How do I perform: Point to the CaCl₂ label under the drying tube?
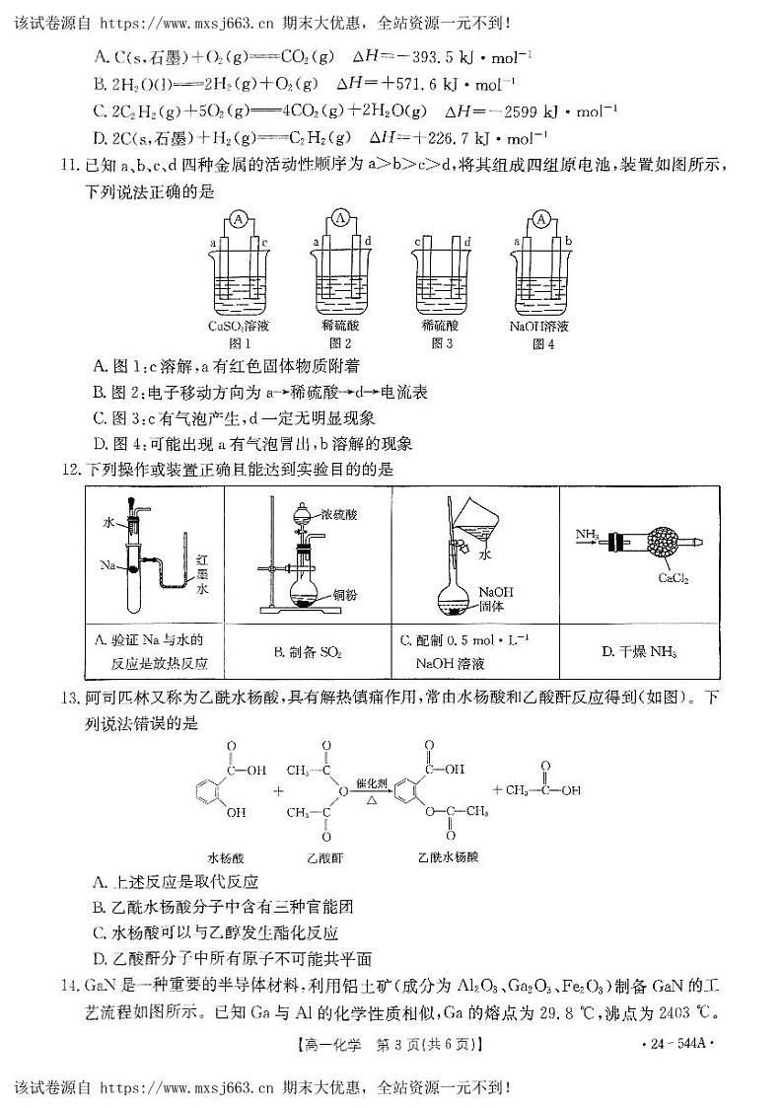tap(673, 579)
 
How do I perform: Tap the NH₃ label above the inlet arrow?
tap(587, 534)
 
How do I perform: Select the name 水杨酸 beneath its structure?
tap(226, 856)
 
